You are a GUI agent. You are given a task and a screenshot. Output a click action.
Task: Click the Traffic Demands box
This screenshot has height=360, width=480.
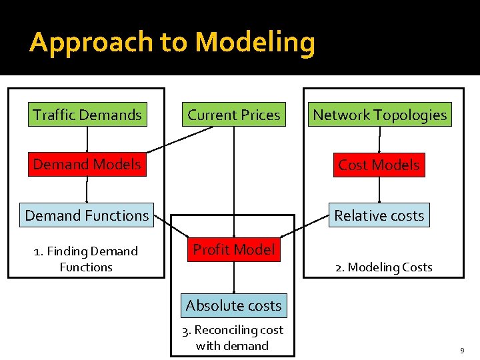click(x=87, y=115)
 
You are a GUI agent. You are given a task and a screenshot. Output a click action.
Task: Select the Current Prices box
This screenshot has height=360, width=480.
click(x=233, y=115)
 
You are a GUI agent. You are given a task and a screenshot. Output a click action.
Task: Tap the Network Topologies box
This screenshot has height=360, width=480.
click(x=379, y=115)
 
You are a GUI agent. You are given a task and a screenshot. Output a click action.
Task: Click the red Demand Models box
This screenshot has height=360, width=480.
click(x=87, y=164)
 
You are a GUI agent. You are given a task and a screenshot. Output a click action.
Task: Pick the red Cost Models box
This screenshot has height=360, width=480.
click(x=379, y=165)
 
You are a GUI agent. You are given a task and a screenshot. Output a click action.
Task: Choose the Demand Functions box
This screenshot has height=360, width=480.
click(x=87, y=215)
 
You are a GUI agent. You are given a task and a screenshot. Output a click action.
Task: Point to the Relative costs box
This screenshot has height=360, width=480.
click(x=379, y=215)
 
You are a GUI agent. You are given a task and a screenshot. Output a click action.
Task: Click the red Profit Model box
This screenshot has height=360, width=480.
click(x=233, y=249)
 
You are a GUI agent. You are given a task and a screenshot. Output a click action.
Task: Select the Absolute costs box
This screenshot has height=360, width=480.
click(x=233, y=305)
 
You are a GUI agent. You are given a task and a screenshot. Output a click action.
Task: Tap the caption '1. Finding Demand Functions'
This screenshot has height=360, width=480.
click(x=86, y=259)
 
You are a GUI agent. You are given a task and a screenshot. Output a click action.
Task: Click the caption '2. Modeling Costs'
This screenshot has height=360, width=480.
click(x=383, y=267)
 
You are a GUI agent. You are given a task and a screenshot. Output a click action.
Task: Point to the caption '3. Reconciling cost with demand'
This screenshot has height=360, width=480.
click(x=233, y=337)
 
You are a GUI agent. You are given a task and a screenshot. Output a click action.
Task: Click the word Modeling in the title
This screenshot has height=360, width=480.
click(x=255, y=43)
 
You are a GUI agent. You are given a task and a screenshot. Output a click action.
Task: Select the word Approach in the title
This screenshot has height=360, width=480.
click(x=91, y=43)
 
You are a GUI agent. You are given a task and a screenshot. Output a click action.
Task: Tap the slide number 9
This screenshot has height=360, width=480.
click(x=462, y=350)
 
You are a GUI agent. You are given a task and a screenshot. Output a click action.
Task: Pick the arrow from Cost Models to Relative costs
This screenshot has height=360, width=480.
click(x=379, y=189)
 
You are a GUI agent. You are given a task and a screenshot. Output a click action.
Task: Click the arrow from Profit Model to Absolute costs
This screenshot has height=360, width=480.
click(x=233, y=277)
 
